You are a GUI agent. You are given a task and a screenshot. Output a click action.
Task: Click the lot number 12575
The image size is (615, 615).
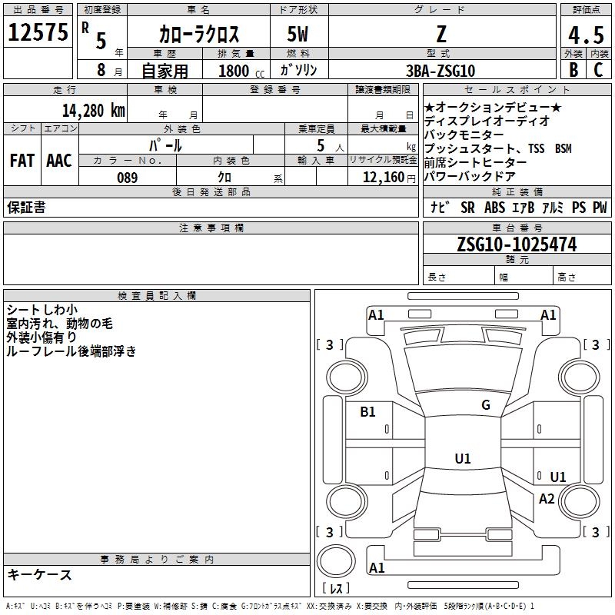38,32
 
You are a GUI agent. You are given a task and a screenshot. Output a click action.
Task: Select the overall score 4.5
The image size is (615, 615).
586,35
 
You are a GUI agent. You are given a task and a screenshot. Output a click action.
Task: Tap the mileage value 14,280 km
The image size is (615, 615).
93,111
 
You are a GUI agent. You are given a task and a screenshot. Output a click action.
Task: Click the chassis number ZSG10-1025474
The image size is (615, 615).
517,244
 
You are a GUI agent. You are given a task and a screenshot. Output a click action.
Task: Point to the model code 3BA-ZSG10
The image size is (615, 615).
440,71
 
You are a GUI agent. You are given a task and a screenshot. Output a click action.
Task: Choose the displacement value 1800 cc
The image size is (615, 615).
241,71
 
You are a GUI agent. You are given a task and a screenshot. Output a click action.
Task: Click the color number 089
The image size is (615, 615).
128,178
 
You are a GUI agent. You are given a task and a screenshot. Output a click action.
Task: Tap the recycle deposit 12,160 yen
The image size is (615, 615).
389,178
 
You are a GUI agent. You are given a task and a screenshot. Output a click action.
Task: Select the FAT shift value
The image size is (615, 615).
22,161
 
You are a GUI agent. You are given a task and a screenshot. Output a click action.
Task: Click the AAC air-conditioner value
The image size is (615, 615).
59,161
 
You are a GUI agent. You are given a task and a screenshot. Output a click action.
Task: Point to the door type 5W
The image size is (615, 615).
298,34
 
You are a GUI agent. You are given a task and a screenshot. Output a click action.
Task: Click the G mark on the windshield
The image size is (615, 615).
486,404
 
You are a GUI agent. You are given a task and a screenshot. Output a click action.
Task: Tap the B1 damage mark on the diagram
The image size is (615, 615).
367,411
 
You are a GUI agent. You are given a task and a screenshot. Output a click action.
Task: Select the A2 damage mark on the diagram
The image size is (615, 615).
547,498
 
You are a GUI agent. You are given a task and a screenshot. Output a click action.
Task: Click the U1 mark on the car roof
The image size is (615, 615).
463,458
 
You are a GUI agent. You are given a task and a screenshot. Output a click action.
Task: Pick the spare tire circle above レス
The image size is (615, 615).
336,560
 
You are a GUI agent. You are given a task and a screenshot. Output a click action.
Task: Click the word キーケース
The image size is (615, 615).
40,574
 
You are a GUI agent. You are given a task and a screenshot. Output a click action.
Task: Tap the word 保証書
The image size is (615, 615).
26,207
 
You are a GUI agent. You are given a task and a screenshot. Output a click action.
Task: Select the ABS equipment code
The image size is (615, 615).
494,208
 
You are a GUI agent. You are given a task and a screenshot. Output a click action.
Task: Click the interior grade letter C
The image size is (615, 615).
598,70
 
